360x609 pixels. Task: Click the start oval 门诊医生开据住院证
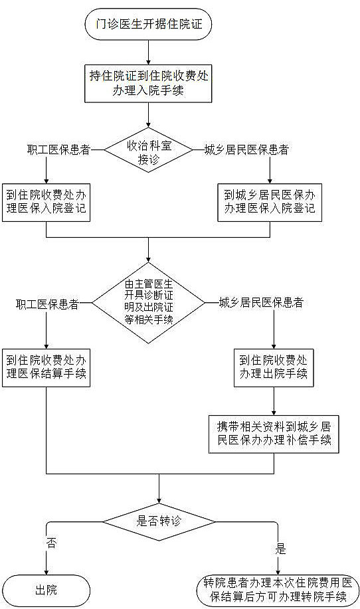point(148,24)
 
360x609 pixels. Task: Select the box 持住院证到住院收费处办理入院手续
point(148,83)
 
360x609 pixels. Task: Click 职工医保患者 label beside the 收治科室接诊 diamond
point(58,149)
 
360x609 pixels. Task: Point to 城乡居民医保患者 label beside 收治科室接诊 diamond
point(246,149)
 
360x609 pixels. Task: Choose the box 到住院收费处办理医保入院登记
point(46,203)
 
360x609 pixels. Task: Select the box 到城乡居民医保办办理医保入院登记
point(270,203)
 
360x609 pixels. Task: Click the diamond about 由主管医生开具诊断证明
point(148,303)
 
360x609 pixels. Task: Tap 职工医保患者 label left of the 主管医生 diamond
point(47,304)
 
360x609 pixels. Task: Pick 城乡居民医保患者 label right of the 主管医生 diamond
point(261,303)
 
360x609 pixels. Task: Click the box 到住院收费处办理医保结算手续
point(46,368)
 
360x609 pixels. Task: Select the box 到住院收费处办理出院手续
point(274,368)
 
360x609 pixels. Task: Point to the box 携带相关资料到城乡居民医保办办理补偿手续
point(274,434)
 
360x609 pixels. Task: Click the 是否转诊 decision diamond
point(159,521)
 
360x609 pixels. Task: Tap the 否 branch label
point(51,543)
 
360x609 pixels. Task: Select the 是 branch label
point(280,549)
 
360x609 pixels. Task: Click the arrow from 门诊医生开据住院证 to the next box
point(148,52)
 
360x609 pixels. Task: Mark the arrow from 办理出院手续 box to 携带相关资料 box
point(274,401)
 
